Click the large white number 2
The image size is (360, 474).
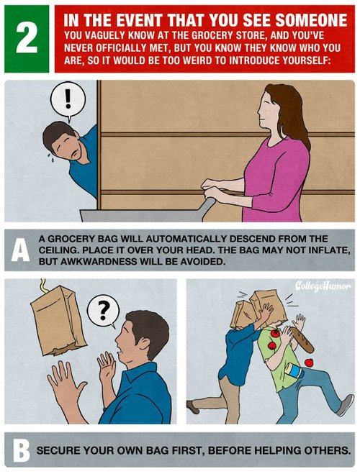(x=27, y=38)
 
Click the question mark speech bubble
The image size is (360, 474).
(x=103, y=311)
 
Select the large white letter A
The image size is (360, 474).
(x=20, y=250)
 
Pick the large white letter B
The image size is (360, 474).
(x=21, y=450)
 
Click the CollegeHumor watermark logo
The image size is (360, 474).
(x=323, y=286)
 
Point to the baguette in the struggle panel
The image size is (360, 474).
(x=302, y=339)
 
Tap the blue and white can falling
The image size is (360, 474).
(x=294, y=370)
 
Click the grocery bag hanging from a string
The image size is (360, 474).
(x=58, y=321)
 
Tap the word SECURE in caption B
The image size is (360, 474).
(x=58, y=450)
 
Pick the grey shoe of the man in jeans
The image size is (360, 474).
(x=345, y=404)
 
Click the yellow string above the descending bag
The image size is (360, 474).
(x=44, y=286)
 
